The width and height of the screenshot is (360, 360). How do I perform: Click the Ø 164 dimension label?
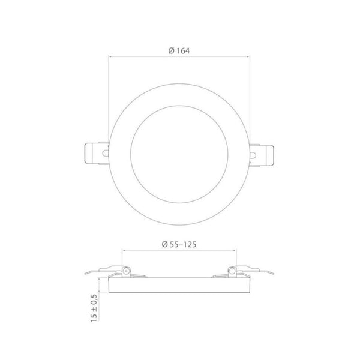pyautogui.click(x=179, y=50)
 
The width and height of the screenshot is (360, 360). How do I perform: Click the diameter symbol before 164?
pyautogui.click(x=171, y=50)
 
